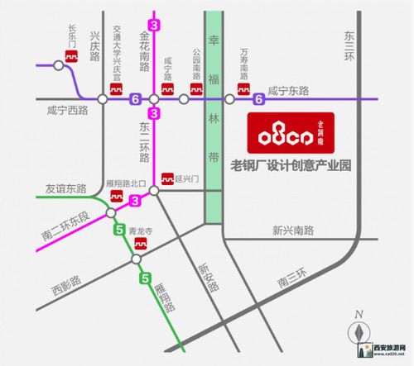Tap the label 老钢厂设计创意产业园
point(291,166)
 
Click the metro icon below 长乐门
point(72,58)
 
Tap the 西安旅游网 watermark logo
point(388,352)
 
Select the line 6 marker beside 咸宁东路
point(259,100)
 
